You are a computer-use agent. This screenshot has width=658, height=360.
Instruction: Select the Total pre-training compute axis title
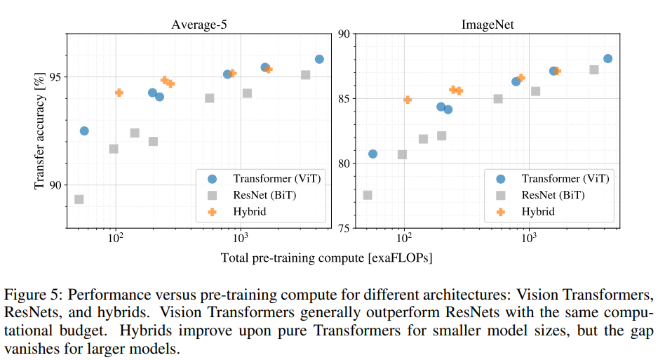326,258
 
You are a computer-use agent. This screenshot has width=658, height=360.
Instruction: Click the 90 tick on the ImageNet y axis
345,34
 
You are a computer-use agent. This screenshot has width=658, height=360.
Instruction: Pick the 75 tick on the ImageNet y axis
345,228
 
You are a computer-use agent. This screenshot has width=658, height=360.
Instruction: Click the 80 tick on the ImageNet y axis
345,164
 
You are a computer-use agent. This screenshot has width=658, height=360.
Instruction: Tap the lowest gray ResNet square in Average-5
79,199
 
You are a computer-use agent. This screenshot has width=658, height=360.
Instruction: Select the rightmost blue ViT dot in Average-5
319,59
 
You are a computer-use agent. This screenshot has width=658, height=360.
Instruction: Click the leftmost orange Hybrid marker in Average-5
119,93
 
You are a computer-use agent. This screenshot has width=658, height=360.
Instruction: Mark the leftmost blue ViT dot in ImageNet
372,154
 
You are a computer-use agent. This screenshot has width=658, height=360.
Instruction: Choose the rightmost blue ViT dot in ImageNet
607,58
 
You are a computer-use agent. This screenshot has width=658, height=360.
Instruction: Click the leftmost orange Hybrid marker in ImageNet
408,100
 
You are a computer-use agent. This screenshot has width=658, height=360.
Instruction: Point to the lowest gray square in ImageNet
368,194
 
